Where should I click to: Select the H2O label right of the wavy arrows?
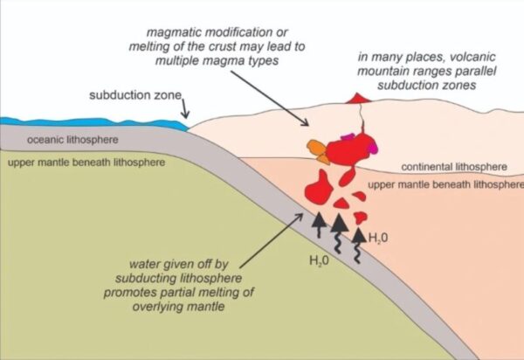click(x=378, y=237)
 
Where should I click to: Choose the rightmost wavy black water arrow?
click(x=359, y=239)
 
